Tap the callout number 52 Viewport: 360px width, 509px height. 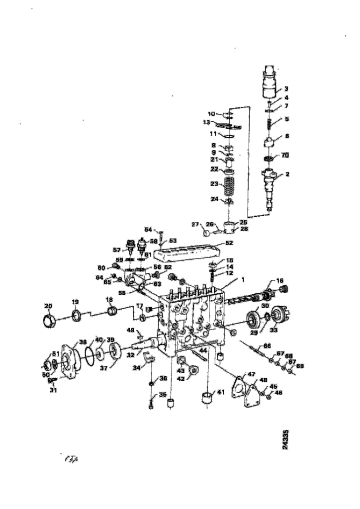click(x=229, y=244)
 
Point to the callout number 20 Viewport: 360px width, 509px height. click(x=48, y=306)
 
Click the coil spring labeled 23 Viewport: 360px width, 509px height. click(x=229, y=187)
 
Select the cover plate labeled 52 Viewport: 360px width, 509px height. click(x=184, y=253)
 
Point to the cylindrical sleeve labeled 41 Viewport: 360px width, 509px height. click(x=206, y=398)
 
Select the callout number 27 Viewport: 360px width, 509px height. click(x=195, y=224)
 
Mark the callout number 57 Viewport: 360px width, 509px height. click(x=117, y=250)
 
